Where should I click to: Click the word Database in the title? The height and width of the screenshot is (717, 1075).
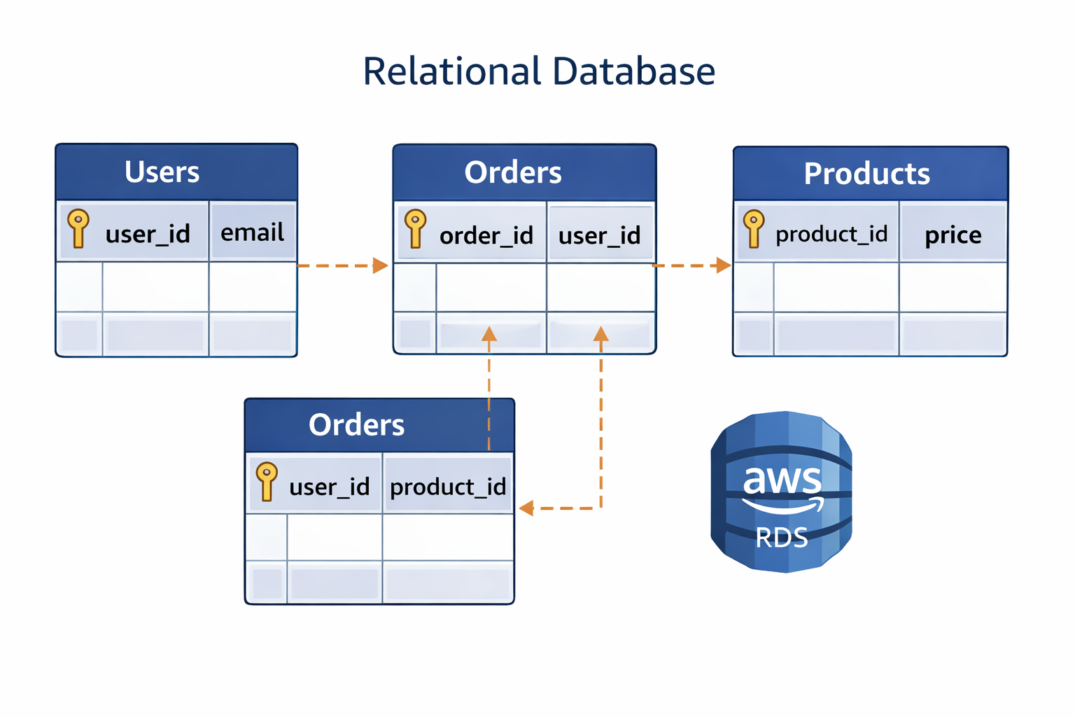633,71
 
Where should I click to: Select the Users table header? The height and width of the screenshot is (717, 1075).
162,172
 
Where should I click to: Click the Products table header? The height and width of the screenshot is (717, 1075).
866,174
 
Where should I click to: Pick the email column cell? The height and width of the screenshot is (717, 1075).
253,232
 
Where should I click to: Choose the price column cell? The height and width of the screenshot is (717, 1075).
953,235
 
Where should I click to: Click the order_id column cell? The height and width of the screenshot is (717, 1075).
486,235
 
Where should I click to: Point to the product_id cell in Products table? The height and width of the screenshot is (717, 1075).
831,234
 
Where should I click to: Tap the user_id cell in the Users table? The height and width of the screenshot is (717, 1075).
147,234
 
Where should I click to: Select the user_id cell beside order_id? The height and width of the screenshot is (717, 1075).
599,235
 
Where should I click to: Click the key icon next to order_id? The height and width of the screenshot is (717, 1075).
415,228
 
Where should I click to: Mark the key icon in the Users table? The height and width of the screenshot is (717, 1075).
78,228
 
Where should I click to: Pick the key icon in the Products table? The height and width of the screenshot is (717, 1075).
754,228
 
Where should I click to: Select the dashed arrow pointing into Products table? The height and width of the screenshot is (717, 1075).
692,265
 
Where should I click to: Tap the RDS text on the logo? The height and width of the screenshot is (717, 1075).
782,538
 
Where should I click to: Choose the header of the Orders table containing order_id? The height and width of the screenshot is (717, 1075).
513,173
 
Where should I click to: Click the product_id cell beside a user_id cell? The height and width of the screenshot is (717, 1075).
448,487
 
